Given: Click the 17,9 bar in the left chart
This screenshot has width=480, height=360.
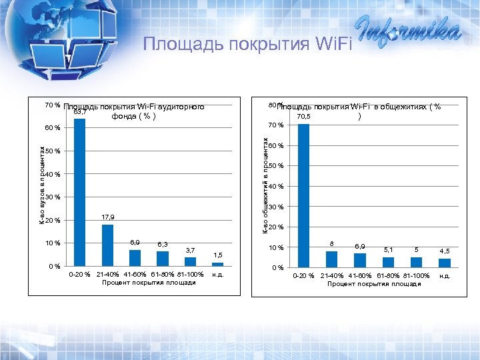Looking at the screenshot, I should [107, 245].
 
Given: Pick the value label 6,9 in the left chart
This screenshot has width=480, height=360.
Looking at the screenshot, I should [135, 241].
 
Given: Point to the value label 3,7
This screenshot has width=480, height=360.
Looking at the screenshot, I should [191, 249].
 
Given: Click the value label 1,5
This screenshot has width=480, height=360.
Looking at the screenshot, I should [218, 255].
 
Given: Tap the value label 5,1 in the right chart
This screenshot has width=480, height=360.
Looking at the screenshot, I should [388, 250].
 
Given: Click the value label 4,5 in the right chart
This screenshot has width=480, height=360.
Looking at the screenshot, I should [444, 251].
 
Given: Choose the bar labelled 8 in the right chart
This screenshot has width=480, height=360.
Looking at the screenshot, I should [332, 259].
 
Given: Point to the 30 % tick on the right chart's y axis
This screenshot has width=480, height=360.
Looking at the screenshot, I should [276, 207].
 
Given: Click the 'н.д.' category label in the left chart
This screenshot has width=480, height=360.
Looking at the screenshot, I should [218, 274].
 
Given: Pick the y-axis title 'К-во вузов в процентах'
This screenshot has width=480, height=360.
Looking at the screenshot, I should [41, 185].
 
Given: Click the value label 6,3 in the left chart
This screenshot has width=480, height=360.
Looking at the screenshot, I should [163, 244].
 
